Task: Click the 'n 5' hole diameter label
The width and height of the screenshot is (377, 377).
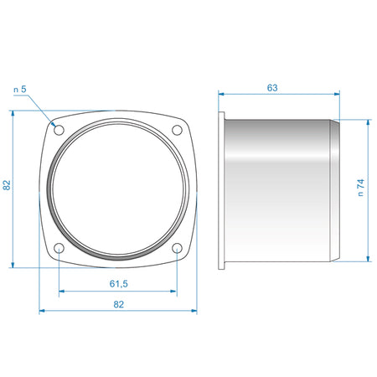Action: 20,90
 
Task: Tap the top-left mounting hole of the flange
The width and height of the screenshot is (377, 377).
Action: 59,130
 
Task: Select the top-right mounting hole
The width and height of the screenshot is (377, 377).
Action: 177,130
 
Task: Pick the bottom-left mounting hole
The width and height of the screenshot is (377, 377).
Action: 59,248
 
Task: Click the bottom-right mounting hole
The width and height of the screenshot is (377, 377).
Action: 177,248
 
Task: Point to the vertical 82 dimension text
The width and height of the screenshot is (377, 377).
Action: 7,185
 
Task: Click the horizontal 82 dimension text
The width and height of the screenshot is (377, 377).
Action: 118,304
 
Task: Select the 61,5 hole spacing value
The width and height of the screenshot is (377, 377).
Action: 118,284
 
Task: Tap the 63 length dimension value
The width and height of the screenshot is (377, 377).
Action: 272,88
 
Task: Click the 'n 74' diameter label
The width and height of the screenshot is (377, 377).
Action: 361,188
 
